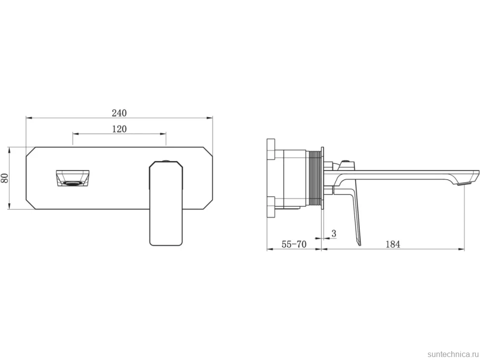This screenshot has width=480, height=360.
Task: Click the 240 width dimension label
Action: click(x=119, y=113)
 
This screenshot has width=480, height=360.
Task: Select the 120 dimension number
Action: click(x=119, y=129)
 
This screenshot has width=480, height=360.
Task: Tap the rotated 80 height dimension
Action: click(x=4, y=178)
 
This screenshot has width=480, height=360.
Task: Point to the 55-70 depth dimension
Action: click(x=294, y=244)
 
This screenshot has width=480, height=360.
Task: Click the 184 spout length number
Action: click(x=393, y=244)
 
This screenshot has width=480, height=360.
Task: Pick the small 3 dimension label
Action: click(x=334, y=233)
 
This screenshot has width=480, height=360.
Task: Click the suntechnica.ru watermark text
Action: click(x=453, y=354)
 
